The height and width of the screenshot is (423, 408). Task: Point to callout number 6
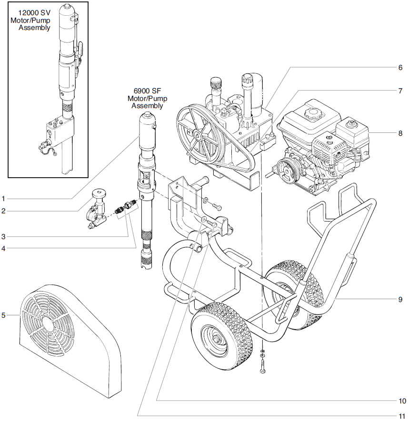tap(400, 67)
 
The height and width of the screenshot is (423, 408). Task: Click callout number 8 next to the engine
tap(400, 133)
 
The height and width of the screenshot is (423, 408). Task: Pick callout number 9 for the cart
tap(400, 300)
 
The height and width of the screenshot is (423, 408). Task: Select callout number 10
tap(400, 400)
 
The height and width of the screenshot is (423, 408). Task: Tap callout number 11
tap(400, 415)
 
